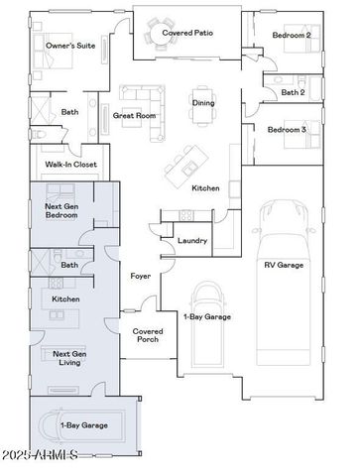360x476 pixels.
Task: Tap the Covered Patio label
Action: tap(187, 32)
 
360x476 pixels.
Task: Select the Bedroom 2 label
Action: tap(292, 35)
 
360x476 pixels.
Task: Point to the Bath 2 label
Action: tap(292, 92)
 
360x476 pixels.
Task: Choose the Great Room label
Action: tap(134, 115)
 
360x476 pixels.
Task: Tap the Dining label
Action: tap(202, 102)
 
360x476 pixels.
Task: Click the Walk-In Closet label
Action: tap(70, 165)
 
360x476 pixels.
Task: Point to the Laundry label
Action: tap(192, 241)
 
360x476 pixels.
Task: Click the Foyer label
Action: tap(141, 276)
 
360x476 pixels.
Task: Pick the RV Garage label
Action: tap(283, 265)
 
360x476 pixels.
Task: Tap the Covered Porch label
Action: tap(148, 335)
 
